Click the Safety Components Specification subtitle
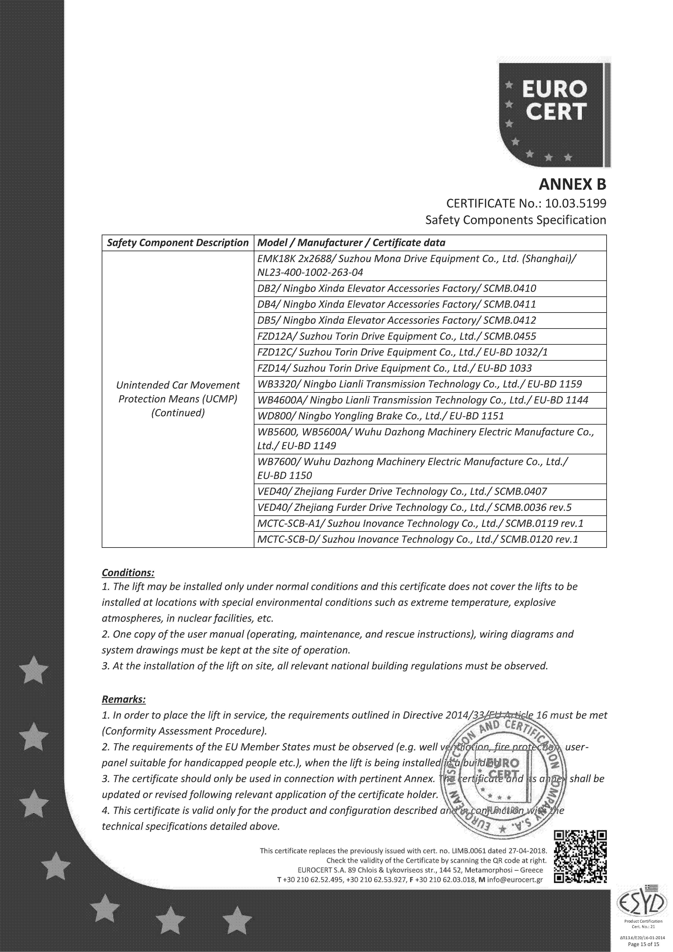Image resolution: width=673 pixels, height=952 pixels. point(515,220)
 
